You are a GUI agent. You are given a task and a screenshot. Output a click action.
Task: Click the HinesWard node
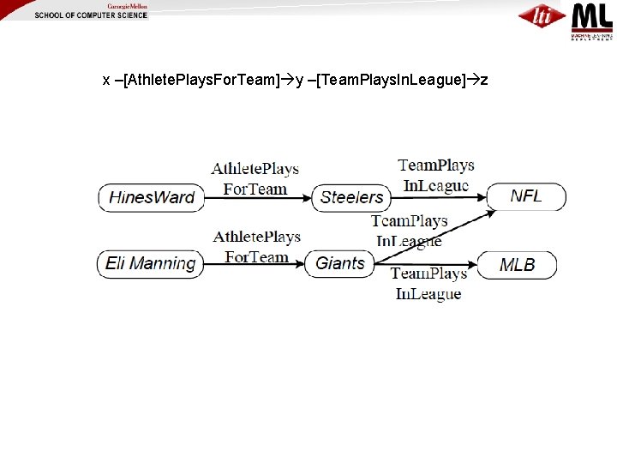(152, 197)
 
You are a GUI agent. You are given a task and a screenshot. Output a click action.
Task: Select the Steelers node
(351, 197)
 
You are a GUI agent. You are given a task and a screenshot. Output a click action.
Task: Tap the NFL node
(526, 196)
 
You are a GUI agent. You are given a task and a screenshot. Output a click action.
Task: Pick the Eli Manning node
(150, 263)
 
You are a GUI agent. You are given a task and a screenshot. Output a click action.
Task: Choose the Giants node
(340, 263)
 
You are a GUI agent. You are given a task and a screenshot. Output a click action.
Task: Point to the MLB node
(517, 264)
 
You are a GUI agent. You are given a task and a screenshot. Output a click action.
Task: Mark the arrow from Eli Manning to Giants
(255, 264)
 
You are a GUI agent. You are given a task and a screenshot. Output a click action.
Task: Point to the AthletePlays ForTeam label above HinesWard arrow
(255, 178)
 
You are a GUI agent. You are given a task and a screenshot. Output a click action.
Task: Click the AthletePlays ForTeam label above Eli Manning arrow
(256, 246)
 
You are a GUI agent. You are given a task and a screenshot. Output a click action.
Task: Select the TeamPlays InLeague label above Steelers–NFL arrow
(435, 175)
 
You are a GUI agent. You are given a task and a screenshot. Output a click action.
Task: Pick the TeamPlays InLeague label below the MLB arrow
(428, 284)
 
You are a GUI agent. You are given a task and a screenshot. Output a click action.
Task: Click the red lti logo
(542, 15)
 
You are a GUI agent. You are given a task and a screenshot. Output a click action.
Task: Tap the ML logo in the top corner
(591, 20)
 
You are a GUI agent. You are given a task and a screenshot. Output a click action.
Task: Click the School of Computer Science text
(91, 15)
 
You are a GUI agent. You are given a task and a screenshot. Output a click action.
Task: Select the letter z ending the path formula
(485, 81)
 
